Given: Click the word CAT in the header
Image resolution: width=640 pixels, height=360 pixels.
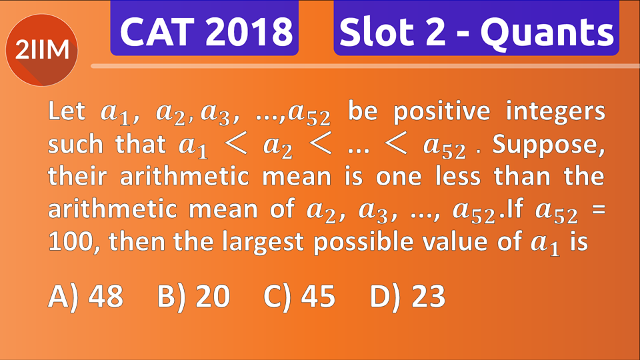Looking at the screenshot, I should [x=156, y=31].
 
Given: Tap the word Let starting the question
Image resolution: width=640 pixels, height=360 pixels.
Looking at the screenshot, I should [x=67, y=111].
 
